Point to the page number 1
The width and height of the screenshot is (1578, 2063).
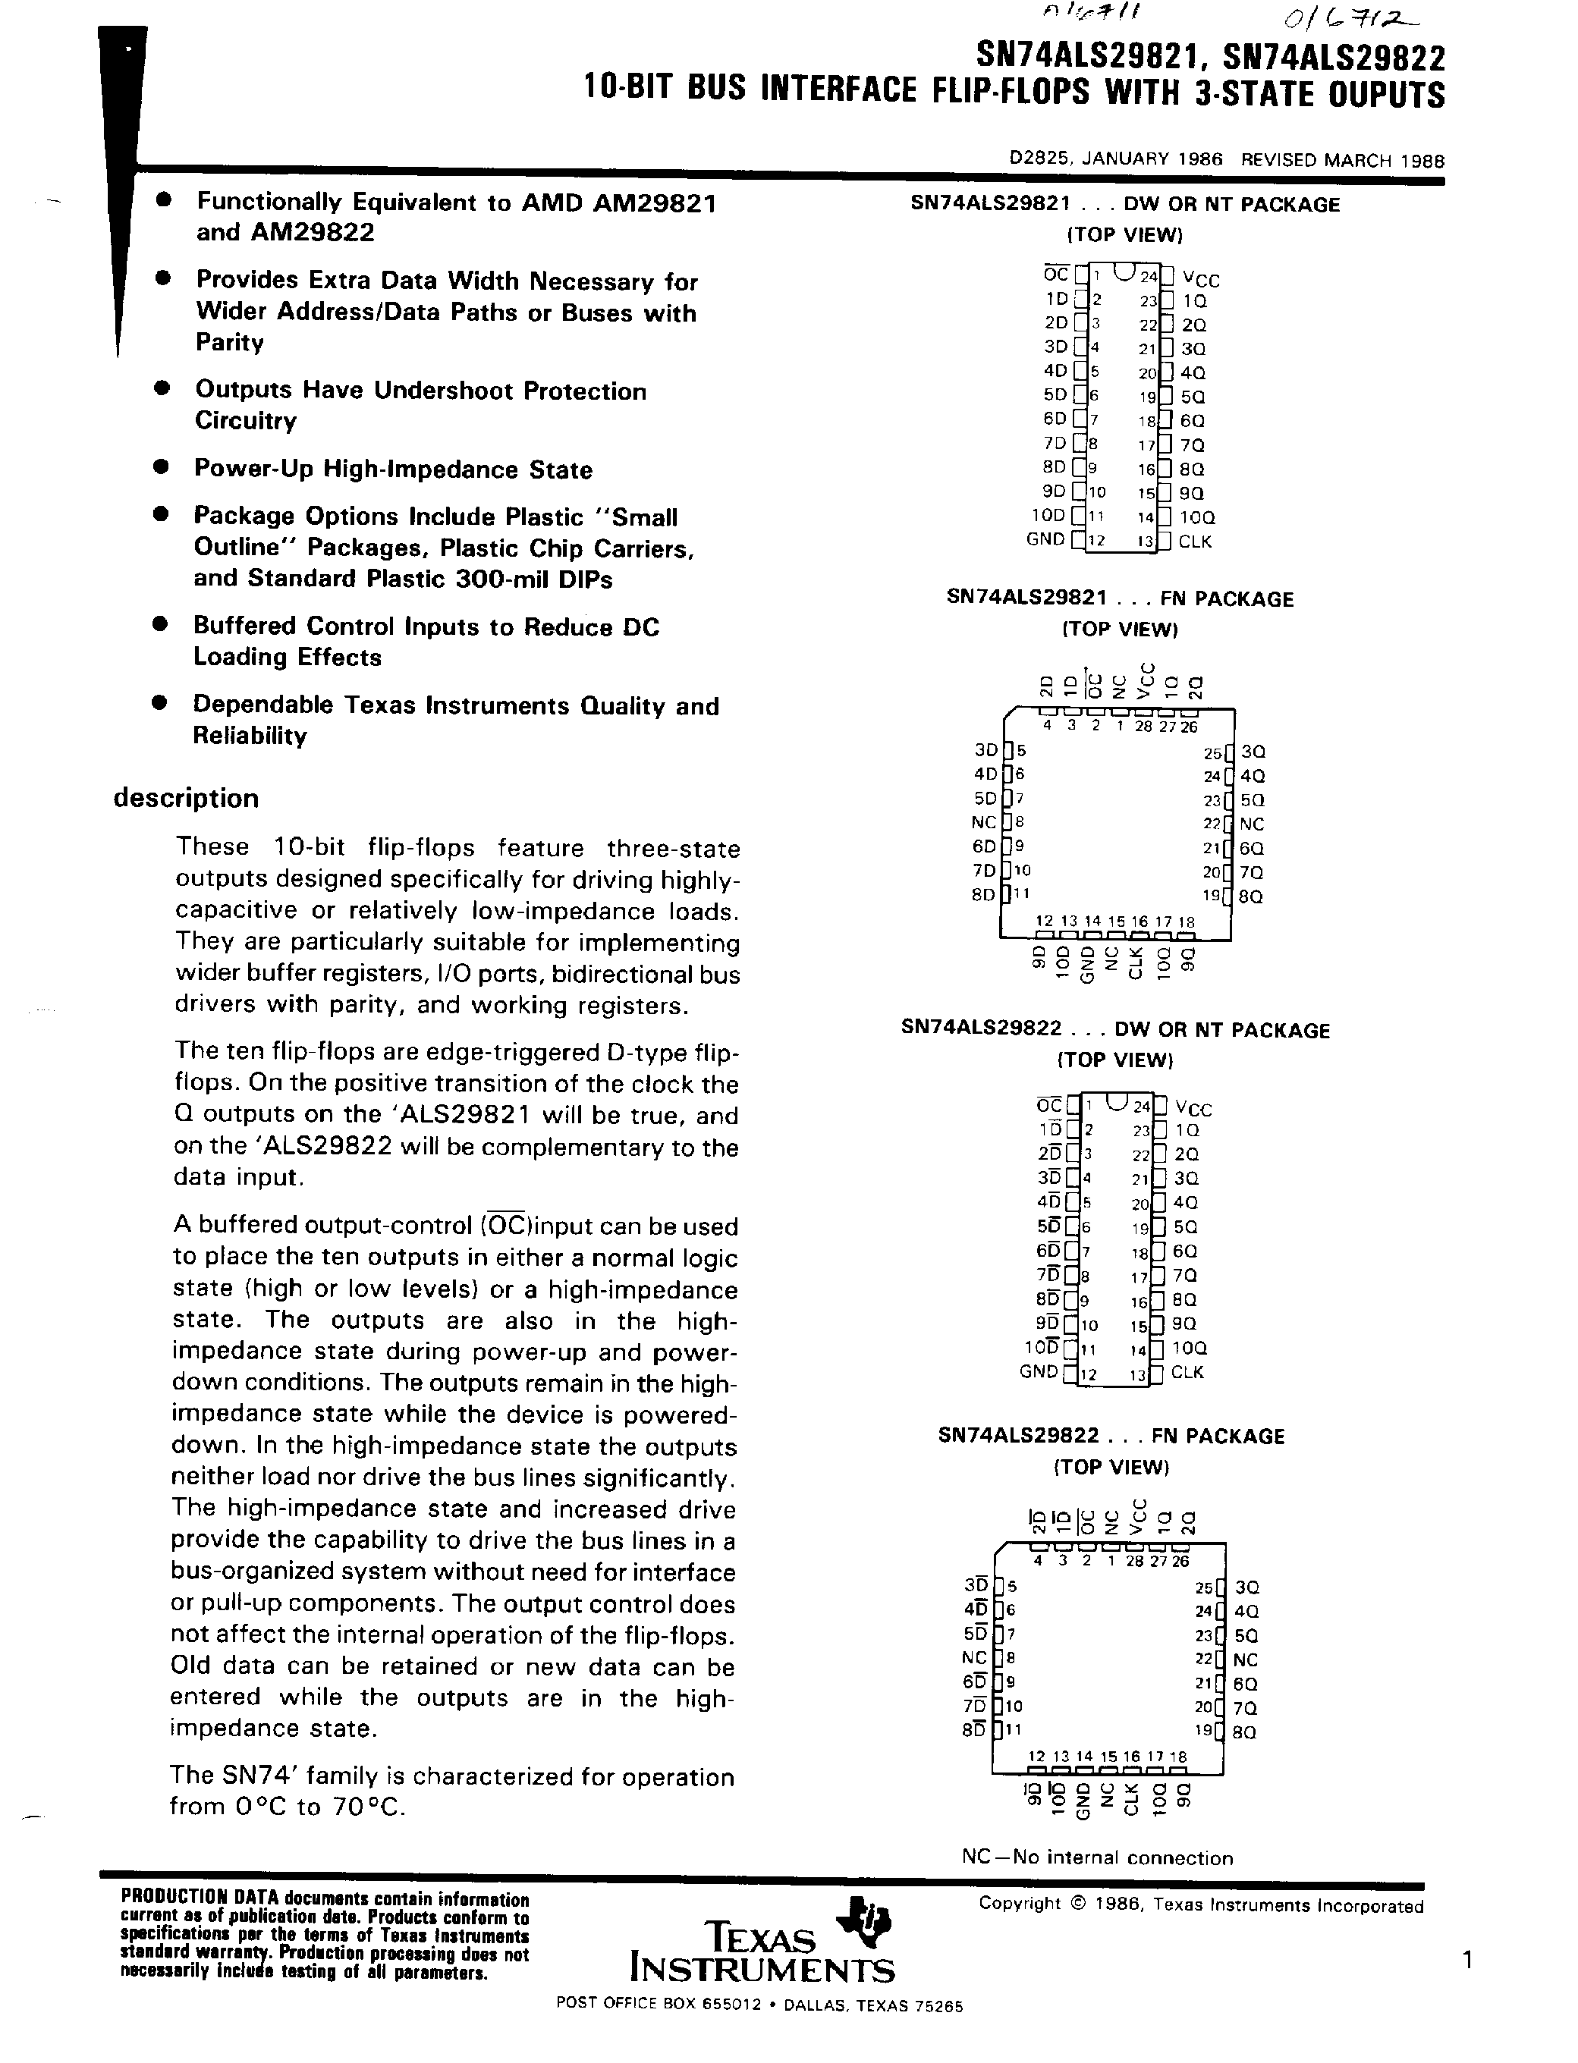[1467, 1960]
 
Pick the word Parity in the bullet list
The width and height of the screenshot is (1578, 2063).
[229, 342]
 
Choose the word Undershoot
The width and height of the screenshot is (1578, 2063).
[445, 391]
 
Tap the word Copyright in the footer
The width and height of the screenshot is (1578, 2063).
[1019, 1904]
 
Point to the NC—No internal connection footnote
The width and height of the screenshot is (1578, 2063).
[1097, 1857]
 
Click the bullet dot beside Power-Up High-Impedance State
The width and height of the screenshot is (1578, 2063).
[161, 466]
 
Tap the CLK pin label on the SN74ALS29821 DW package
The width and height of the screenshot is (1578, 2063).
[1195, 542]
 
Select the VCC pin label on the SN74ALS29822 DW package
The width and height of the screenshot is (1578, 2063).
[1193, 1109]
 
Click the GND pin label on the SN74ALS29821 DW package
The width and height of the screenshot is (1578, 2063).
[1045, 539]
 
